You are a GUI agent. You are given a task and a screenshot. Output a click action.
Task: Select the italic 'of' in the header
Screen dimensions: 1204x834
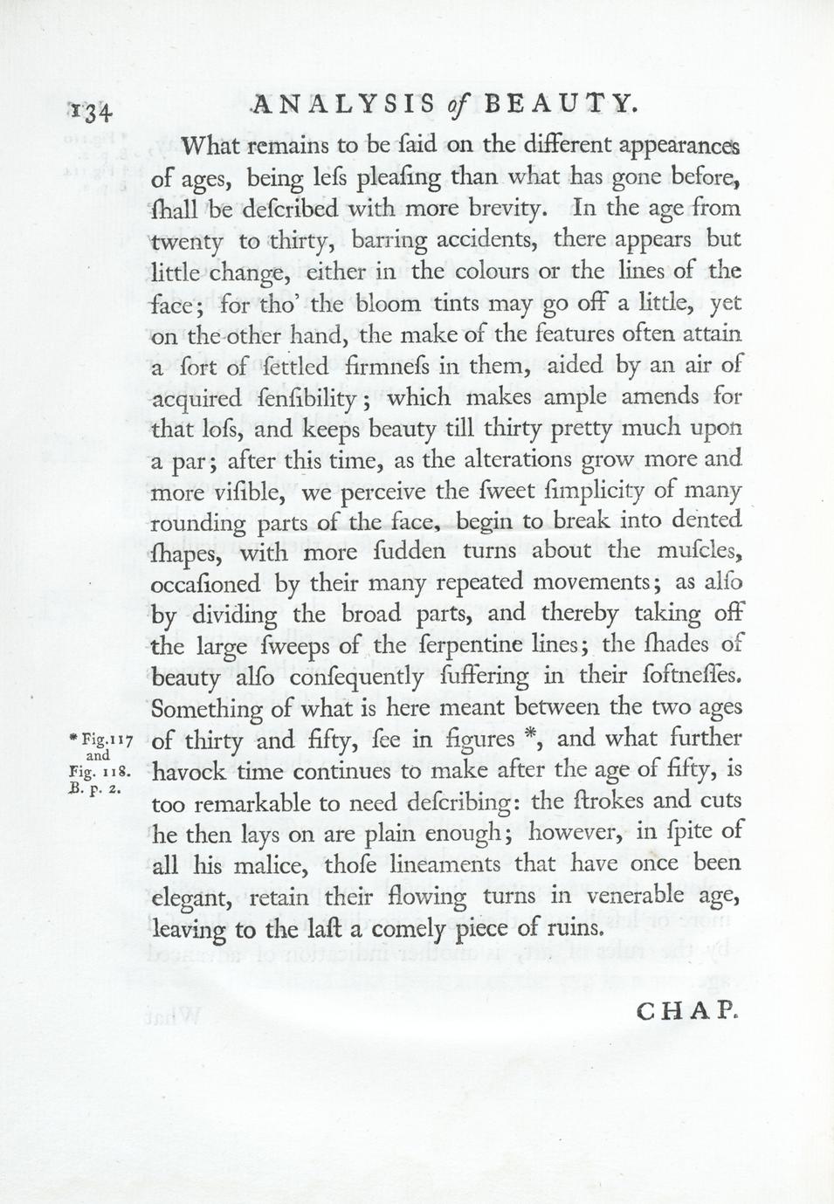click(x=454, y=106)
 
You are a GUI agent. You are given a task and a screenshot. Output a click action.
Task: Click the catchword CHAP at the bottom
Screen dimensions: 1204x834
click(x=688, y=1012)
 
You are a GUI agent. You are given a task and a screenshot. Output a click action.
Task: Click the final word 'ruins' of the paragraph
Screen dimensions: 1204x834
click(x=574, y=927)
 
